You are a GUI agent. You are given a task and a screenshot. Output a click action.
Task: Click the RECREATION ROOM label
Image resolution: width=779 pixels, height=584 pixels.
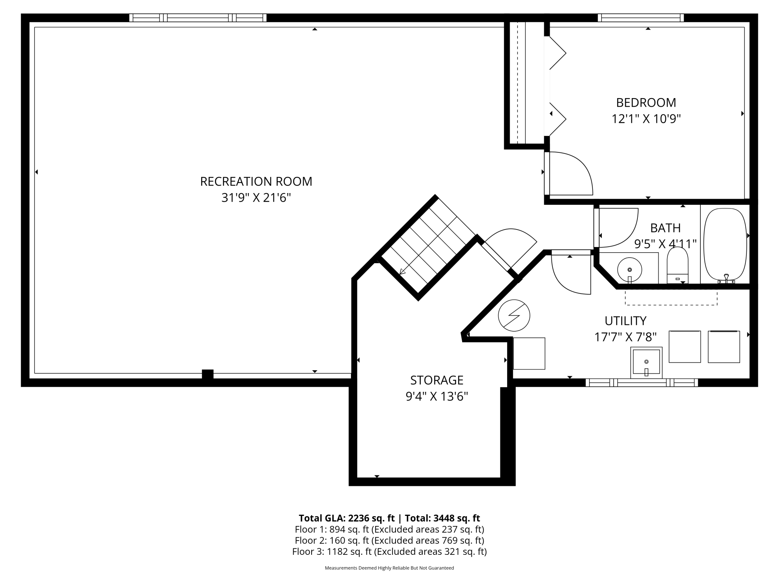pyautogui.click(x=256, y=182)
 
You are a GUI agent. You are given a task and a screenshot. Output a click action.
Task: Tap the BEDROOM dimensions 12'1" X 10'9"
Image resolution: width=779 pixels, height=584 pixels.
pyautogui.click(x=646, y=119)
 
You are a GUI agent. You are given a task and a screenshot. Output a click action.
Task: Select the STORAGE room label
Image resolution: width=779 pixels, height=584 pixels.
pyautogui.click(x=437, y=380)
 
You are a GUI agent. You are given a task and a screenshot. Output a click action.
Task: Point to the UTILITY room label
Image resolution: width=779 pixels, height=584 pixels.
pyautogui.click(x=625, y=321)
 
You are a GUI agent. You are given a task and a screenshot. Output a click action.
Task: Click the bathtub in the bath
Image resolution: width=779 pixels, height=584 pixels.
pyautogui.click(x=725, y=245)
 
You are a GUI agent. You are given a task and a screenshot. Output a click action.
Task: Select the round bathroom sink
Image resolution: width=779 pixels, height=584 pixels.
pyautogui.click(x=630, y=270)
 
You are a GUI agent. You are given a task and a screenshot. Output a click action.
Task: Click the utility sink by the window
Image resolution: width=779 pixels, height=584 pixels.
pyautogui.click(x=646, y=362)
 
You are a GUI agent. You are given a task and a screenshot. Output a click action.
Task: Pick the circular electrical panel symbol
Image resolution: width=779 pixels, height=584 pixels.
pyautogui.click(x=514, y=315)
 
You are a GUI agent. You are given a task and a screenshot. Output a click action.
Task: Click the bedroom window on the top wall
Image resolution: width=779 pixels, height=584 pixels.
pyautogui.click(x=641, y=18)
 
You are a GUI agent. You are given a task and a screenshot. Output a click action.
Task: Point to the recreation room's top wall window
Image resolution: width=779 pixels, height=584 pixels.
pyautogui.click(x=198, y=18)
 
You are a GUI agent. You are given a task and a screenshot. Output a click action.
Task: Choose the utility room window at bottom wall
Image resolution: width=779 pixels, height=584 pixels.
pyautogui.click(x=642, y=383)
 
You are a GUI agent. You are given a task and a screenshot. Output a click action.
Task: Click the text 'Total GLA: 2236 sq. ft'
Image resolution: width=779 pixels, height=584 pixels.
pyautogui.click(x=346, y=518)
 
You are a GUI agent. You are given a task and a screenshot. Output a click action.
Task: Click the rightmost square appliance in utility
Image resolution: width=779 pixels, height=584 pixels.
pyautogui.click(x=724, y=347)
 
